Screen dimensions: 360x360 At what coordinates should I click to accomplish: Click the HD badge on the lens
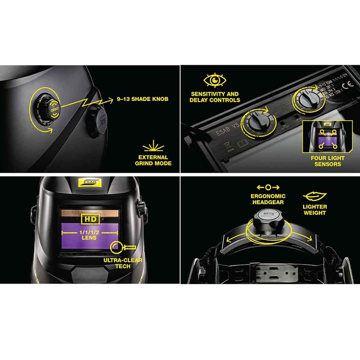coord(89,219)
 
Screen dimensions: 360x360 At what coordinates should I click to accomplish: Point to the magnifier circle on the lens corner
coord(115,246)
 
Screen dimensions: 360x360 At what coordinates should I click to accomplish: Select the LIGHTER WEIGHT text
coord(315,210)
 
